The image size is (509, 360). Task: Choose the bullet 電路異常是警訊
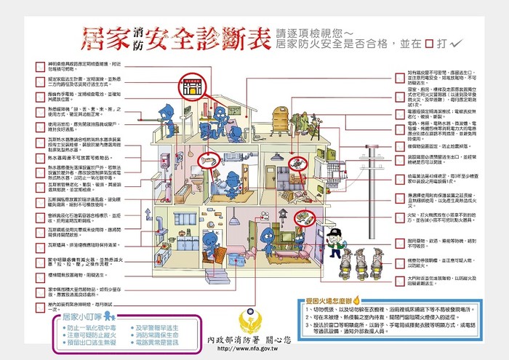(x=161, y=342)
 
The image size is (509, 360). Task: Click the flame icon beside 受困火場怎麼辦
(x=355, y=299)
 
